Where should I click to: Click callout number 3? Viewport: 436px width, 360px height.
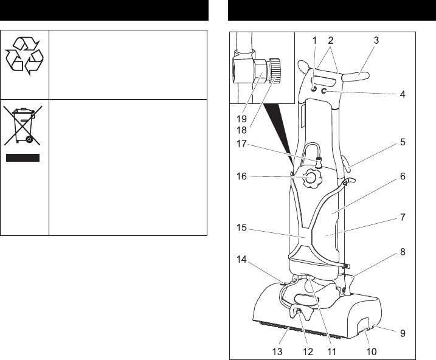[376, 40]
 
